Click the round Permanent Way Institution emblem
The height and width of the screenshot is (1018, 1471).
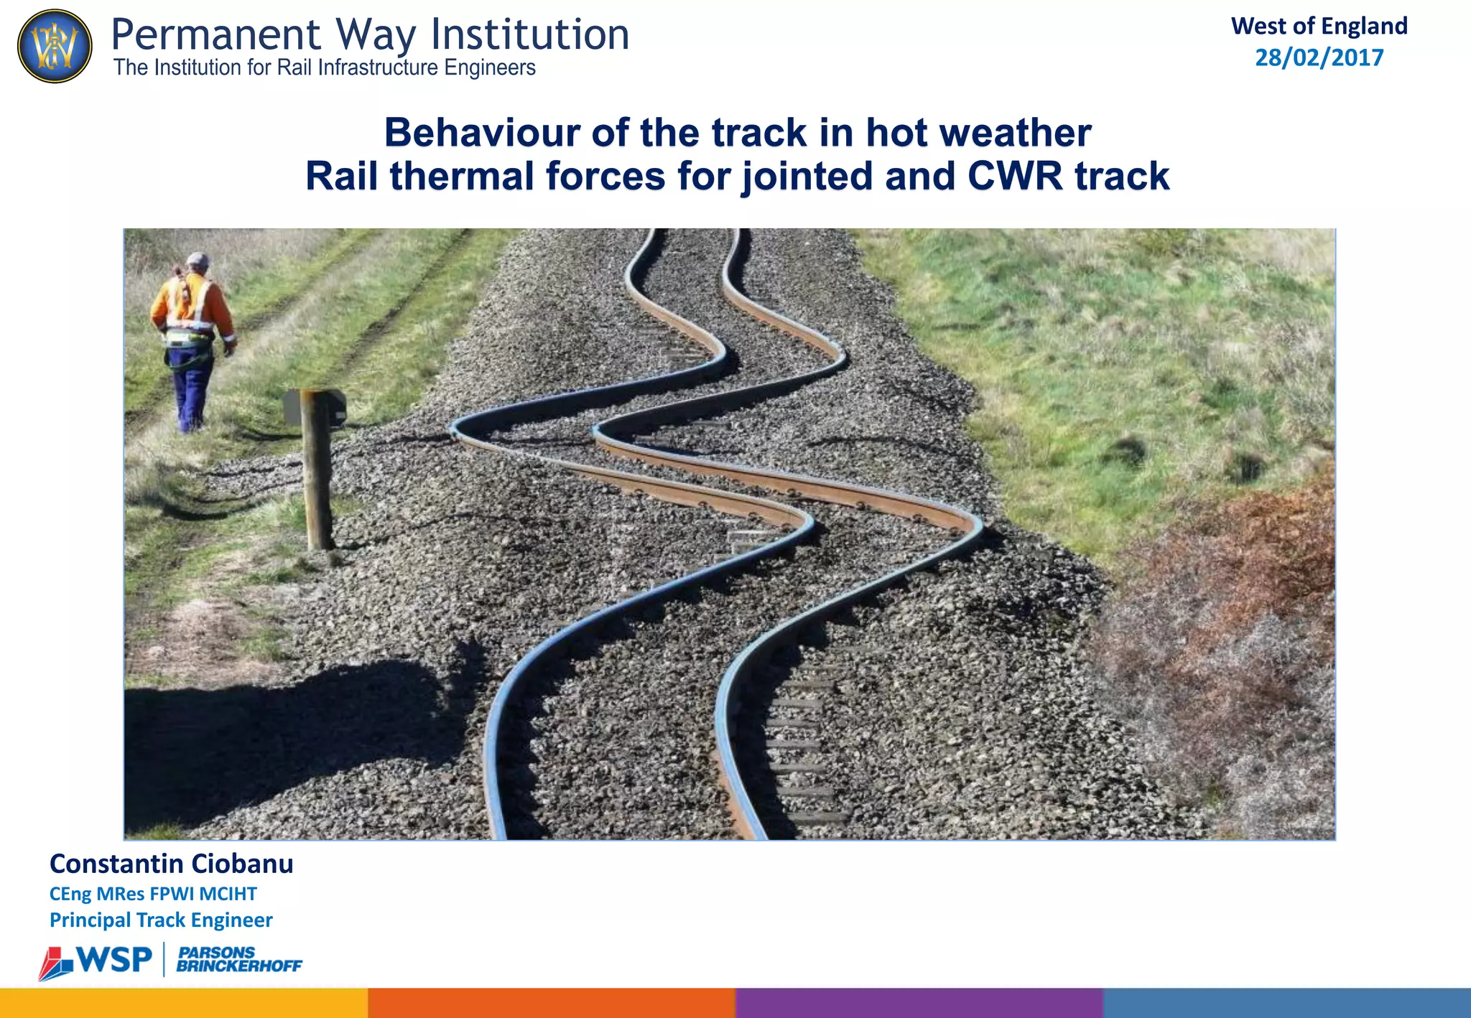pyautogui.click(x=55, y=46)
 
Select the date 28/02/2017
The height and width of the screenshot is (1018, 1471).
pyautogui.click(x=1319, y=57)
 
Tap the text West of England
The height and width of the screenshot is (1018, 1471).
pyautogui.click(x=1319, y=26)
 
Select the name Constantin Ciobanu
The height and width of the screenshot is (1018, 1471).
pyautogui.click(x=171, y=864)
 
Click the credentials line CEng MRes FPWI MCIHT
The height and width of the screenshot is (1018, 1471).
pyautogui.click(x=153, y=894)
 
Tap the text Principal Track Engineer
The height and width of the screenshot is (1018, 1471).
pyautogui.click(x=161, y=920)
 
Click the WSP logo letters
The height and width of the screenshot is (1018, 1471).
pyautogui.click(x=113, y=960)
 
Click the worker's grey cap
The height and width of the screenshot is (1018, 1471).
pyautogui.click(x=198, y=260)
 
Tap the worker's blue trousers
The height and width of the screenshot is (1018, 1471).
pyautogui.click(x=190, y=388)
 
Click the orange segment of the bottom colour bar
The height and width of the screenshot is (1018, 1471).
pyautogui.click(x=552, y=1003)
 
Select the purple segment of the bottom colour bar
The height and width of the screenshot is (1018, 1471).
pyautogui.click(x=919, y=1003)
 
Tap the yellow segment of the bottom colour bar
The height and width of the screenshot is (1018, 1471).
pyautogui.click(x=184, y=1003)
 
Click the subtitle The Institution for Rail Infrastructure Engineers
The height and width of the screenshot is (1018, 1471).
pyautogui.click(x=325, y=68)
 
